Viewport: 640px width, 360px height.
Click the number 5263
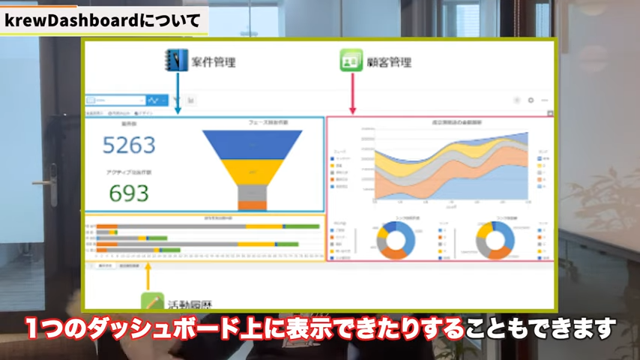coord(128,145)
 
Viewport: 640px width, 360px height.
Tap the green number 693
coord(128,193)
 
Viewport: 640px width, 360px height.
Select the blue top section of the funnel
coord(252,144)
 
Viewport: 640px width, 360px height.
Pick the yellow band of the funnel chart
coord(252,172)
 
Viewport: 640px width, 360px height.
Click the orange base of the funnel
coord(253,205)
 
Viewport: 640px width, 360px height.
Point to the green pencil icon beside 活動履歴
coord(153,301)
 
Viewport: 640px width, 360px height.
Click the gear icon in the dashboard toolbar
coord(531,100)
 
